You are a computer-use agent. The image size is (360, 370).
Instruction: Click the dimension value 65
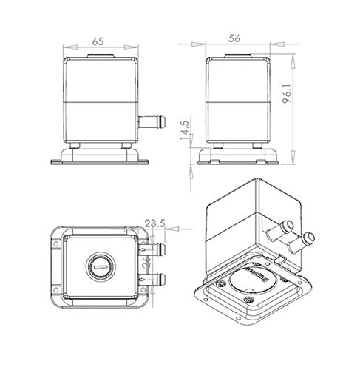pyautogui.click(x=98, y=41)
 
